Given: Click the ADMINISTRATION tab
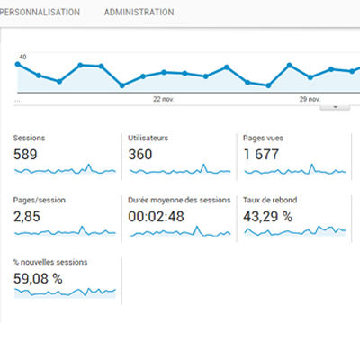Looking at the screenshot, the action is (x=139, y=12).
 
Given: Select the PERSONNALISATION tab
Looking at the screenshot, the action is (x=40, y=12).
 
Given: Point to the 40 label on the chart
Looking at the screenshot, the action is (x=22, y=57).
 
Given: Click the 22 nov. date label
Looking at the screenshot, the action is (x=164, y=99).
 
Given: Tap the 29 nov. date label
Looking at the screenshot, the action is (x=310, y=99).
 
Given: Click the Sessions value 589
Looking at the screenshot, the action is (x=25, y=155).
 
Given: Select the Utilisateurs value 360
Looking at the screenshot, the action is (x=140, y=155).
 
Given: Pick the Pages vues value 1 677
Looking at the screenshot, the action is (x=261, y=155).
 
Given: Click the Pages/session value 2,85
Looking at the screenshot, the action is (x=27, y=217).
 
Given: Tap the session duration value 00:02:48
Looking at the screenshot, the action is (x=156, y=217).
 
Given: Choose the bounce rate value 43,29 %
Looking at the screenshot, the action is (x=267, y=217).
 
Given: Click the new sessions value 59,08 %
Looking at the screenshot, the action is (x=38, y=279).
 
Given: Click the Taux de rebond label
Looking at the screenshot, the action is (x=270, y=200).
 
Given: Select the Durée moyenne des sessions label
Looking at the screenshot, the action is (x=179, y=200).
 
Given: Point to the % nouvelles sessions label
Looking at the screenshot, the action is (x=50, y=262).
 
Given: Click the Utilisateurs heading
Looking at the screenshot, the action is (x=148, y=138).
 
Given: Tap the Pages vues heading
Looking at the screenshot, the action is (x=263, y=138).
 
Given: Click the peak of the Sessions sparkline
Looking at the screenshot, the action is (x=88, y=165).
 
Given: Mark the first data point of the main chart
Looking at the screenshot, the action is (x=17, y=64).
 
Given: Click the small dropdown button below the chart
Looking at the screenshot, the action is (x=335, y=107).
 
